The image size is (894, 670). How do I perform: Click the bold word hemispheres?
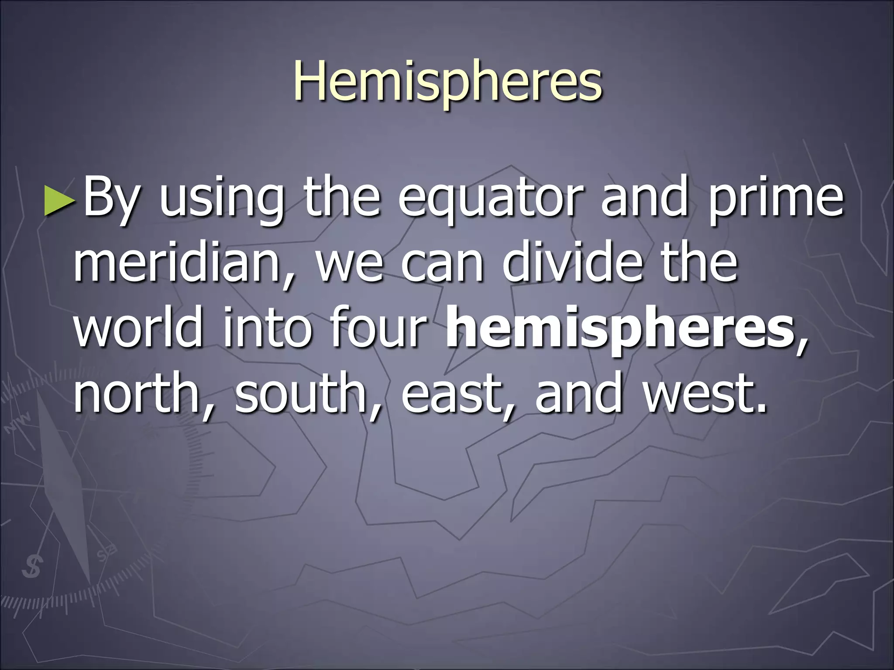point(619,331)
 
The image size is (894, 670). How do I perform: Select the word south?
point(301,393)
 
